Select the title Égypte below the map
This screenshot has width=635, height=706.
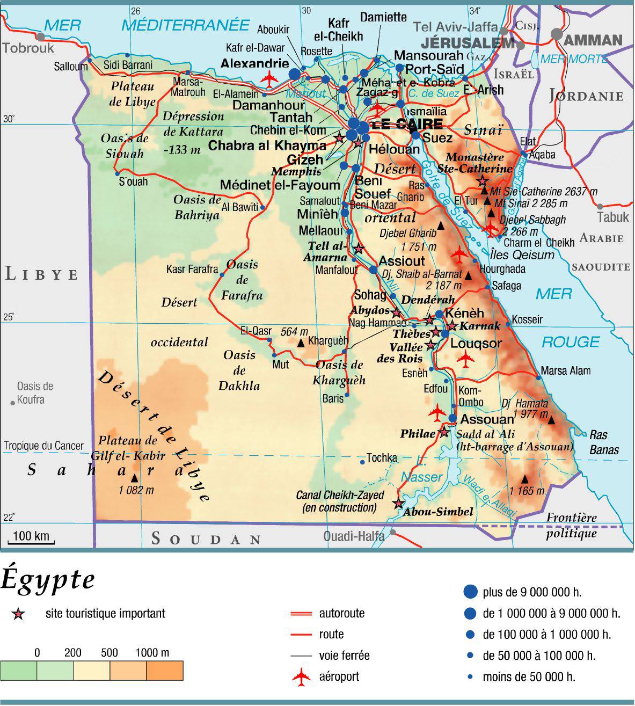tap(48, 579)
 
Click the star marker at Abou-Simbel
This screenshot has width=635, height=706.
tap(398, 504)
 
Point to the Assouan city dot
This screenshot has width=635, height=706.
tap(452, 418)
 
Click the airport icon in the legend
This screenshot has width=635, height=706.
tap(302, 676)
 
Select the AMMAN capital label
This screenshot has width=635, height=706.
tap(593, 40)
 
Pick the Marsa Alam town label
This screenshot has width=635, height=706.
tap(565, 370)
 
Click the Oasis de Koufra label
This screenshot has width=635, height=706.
tap(34, 393)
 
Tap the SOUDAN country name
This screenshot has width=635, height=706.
tap(206, 538)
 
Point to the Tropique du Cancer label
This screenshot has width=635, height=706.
tap(43, 446)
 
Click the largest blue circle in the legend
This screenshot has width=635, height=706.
tap(470, 592)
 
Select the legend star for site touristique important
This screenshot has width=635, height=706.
tap(18, 614)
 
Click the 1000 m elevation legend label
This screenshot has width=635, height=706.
tap(152, 653)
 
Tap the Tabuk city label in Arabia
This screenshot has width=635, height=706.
tap(613, 217)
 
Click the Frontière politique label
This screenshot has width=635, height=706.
tap(571, 525)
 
